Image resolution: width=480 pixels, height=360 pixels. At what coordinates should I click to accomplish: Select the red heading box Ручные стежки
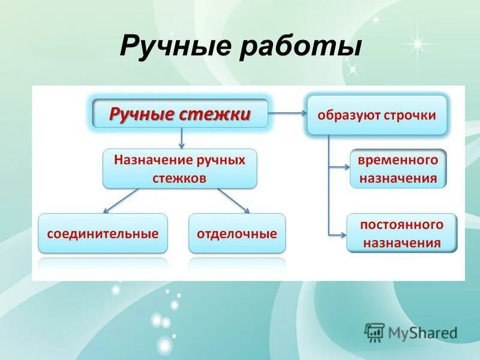click(180, 114)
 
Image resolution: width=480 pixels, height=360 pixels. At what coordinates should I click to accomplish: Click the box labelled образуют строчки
click(377, 115)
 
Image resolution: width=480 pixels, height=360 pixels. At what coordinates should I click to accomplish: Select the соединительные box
click(103, 233)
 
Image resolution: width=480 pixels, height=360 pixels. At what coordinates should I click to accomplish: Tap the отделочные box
click(237, 233)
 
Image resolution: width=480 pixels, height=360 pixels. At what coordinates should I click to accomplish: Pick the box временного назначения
click(398, 169)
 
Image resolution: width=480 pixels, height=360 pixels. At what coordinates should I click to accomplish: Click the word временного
click(398, 160)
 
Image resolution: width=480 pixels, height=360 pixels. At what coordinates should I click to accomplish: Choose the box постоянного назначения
click(401, 233)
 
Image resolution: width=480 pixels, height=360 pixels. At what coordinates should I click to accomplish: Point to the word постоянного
click(401, 224)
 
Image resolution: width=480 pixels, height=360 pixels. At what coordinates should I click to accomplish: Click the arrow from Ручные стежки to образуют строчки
click(288, 112)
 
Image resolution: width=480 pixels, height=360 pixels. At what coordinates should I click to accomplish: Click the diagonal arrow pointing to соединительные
click(120, 200)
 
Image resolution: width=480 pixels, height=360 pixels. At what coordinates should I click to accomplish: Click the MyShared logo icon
click(375, 332)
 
